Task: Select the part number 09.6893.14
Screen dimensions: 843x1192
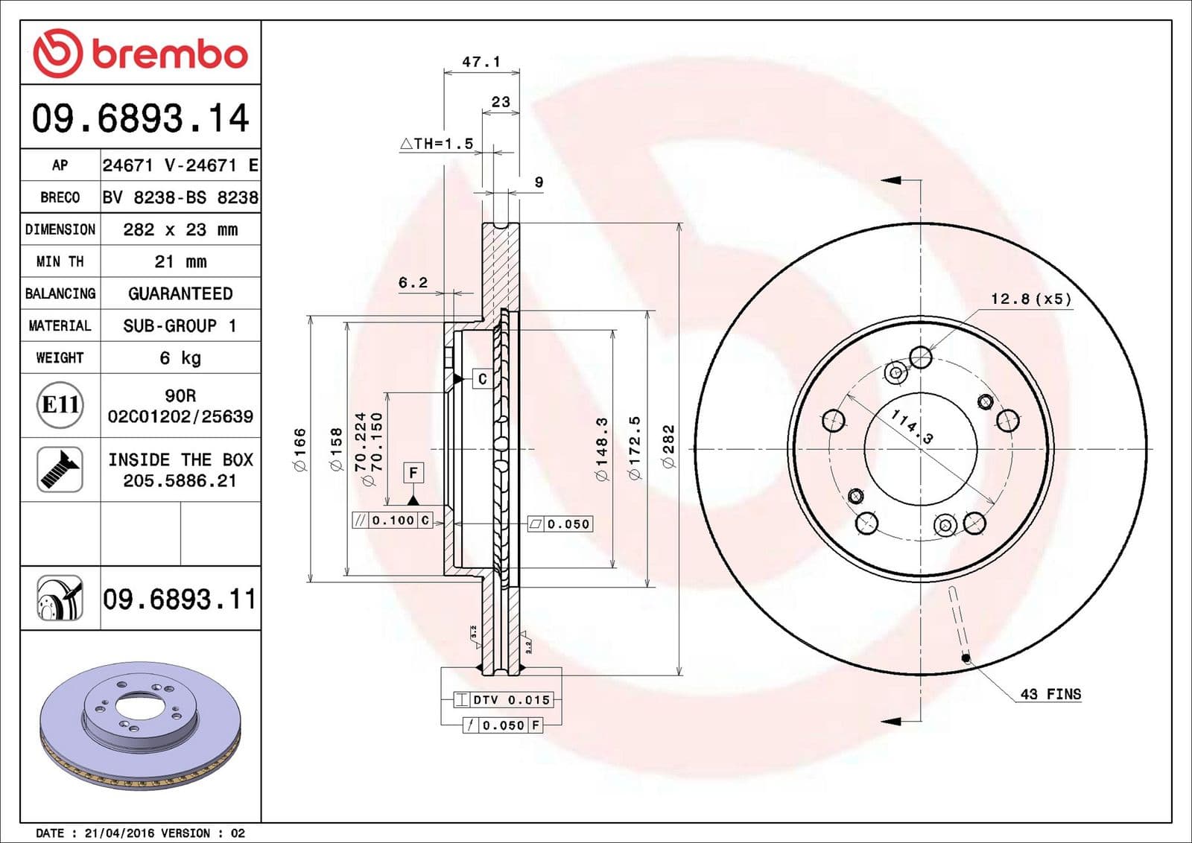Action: point(140,118)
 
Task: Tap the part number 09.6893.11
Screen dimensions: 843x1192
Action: point(180,599)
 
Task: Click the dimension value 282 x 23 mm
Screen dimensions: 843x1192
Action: point(180,229)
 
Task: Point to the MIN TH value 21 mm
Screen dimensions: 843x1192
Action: point(180,261)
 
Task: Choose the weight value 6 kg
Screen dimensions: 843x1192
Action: point(180,358)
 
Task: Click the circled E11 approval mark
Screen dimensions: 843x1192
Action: point(60,404)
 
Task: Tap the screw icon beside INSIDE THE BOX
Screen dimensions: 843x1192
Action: point(60,470)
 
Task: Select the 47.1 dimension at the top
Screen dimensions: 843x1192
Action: point(481,62)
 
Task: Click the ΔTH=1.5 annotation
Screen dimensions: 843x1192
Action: point(437,144)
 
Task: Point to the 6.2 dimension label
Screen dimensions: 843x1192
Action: point(413,282)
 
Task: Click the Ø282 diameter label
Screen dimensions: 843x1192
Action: point(668,447)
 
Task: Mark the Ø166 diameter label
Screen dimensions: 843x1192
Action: point(299,450)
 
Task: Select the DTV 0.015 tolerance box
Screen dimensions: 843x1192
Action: point(504,700)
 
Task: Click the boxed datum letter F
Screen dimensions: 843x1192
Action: point(413,472)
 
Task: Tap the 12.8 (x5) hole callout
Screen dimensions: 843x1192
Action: point(1031,299)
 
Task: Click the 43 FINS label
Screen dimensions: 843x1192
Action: point(1050,694)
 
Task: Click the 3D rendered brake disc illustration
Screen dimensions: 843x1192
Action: point(140,725)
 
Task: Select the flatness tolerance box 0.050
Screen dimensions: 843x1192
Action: point(560,524)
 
